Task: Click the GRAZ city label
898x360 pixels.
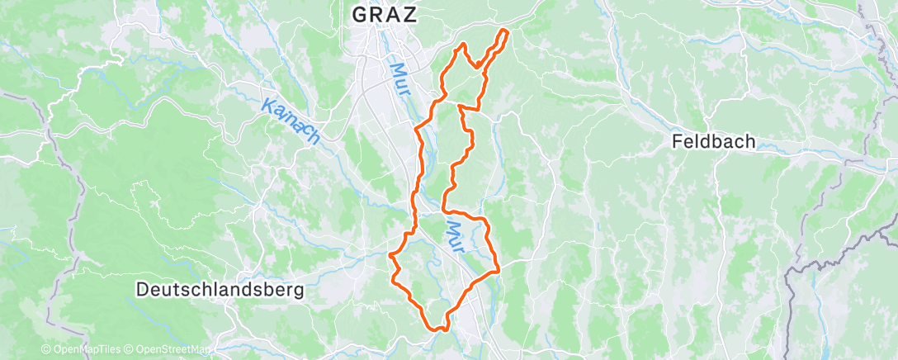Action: pyautogui.click(x=385, y=14)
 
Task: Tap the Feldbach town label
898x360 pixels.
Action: pyautogui.click(x=713, y=142)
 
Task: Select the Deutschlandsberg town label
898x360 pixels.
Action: pyautogui.click(x=220, y=290)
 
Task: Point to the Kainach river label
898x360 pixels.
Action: pyautogui.click(x=291, y=120)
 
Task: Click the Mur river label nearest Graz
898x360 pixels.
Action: pyautogui.click(x=399, y=79)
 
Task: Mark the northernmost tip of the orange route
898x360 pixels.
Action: pyautogui.click(x=503, y=31)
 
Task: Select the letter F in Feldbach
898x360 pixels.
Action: pyautogui.click(x=677, y=142)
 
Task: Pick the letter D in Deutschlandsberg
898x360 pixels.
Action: pyautogui.click(x=142, y=290)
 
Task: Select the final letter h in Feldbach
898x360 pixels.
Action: pyautogui.click(x=749, y=142)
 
